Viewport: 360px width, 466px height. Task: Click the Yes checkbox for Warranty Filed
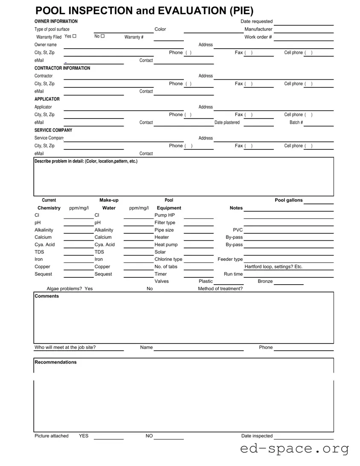pos(74,36)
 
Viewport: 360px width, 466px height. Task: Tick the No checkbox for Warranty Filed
pos(102,36)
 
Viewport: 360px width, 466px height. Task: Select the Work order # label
pos(258,37)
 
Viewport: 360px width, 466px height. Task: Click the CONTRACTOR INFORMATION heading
pos(62,68)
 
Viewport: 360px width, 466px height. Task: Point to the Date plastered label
pos(227,122)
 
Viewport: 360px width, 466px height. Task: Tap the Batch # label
pos(296,122)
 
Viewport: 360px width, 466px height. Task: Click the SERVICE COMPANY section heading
pos(53,130)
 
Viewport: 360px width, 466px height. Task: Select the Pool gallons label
pos(289,200)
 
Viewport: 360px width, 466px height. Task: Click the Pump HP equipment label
pos(165,215)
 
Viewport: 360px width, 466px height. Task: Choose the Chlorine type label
pos(168,259)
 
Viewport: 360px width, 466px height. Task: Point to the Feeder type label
pos(230,259)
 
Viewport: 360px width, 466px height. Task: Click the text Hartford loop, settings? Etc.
pos(273,267)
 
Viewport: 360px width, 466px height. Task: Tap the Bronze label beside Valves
pos(265,281)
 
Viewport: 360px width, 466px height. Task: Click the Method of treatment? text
pos(220,289)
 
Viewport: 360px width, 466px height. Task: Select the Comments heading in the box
pos(46,296)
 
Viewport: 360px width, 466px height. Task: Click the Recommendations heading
pos(55,362)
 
